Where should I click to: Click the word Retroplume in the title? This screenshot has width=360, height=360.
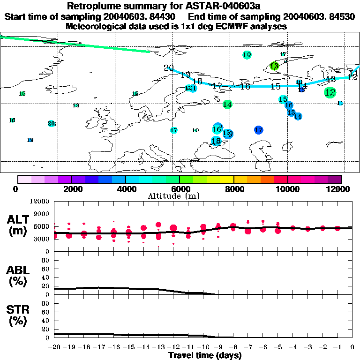92,6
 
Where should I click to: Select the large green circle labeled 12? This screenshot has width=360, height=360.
330,92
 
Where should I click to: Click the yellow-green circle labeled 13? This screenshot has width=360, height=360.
274,66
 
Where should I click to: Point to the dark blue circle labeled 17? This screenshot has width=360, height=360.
258,130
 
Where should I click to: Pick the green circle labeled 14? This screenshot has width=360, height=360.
227,105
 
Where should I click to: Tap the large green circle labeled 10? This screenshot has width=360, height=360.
247,55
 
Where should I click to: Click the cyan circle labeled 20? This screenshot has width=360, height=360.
51,124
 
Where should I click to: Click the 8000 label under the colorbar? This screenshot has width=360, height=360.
233,189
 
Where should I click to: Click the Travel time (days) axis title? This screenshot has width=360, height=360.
205,355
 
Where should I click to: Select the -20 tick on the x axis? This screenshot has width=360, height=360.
54,347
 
